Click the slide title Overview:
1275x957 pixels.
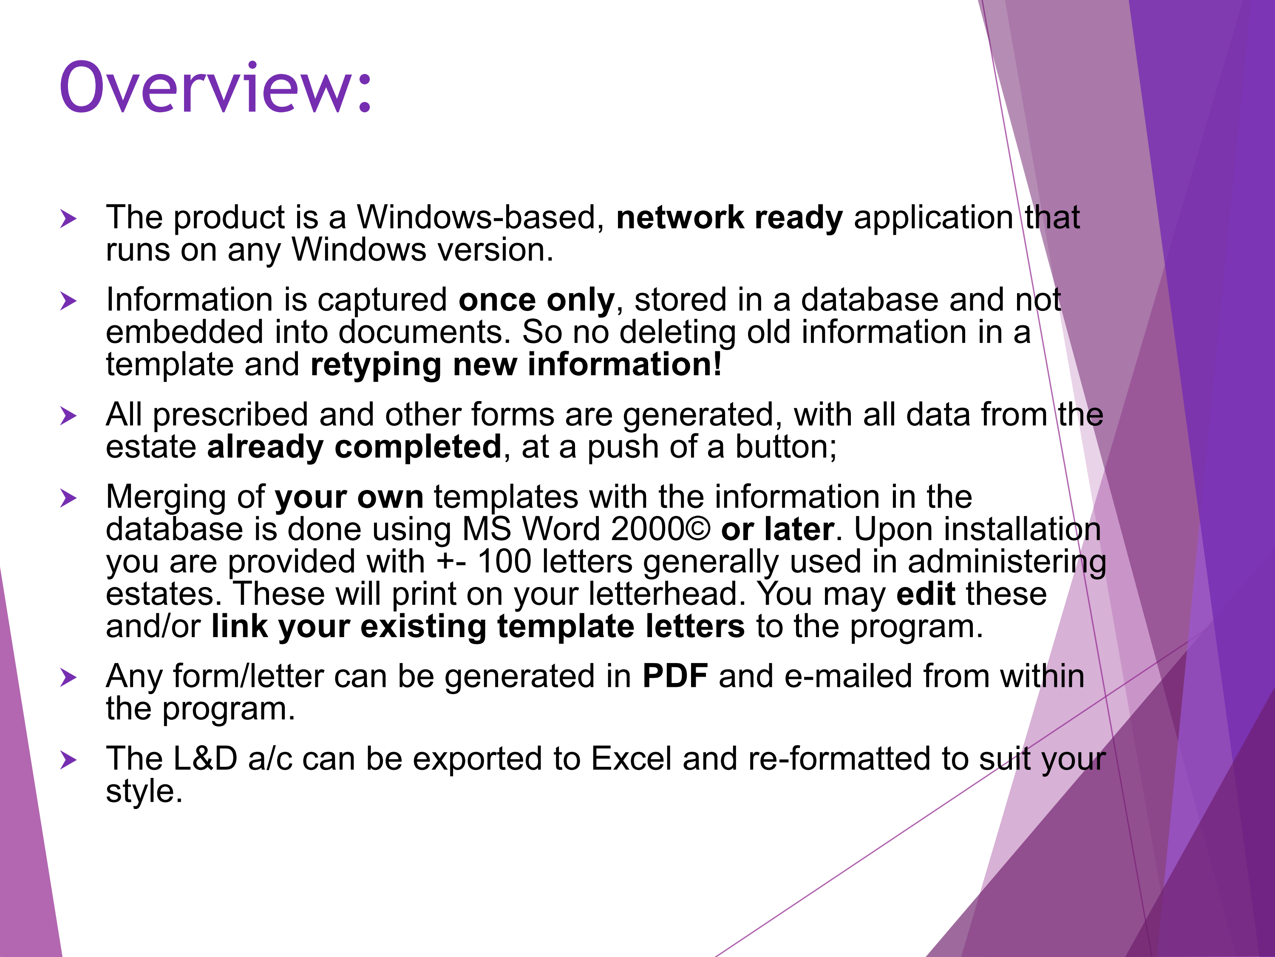pyautogui.click(x=215, y=87)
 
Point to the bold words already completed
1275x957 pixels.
pyautogui.click(x=354, y=447)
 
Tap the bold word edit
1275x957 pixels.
pyautogui.click(x=926, y=594)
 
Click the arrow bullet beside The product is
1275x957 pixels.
pyautogui.click(x=68, y=219)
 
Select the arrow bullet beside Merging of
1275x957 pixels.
pyautogui.click(x=68, y=499)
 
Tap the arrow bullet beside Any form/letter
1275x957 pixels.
pyautogui.click(x=68, y=678)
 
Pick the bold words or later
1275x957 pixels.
pyautogui.click(x=777, y=530)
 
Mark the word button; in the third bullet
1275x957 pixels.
pyautogui.click(x=786, y=447)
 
